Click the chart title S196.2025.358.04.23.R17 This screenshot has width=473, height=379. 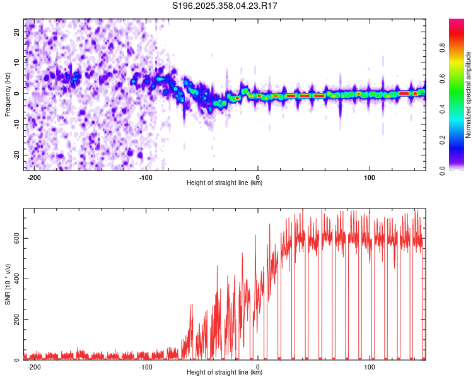pyautogui.click(x=225, y=6)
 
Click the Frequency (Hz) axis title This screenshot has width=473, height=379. pyautogui.click(x=8, y=94)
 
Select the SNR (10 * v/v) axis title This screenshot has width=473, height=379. pyautogui.click(x=8, y=284)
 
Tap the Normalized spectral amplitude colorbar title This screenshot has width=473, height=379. pyautogui.click(x=469, y=95)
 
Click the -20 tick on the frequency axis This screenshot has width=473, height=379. pyautogui.click(x=16, y=155)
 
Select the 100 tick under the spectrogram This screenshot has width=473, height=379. pyautogui.click(x=370, y=176)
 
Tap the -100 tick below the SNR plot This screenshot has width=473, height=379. pyautogui.click(x=146, y=366)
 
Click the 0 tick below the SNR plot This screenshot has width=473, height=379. pyautogui.click(x=258, y=366)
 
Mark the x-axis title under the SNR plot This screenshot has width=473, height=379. pyautogui.click(x=225, y=373)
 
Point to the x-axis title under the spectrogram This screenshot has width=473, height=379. pyautogui.click(x=225, y=183)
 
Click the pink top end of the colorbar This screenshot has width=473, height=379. pyautogui.click(x=457, y=23)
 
